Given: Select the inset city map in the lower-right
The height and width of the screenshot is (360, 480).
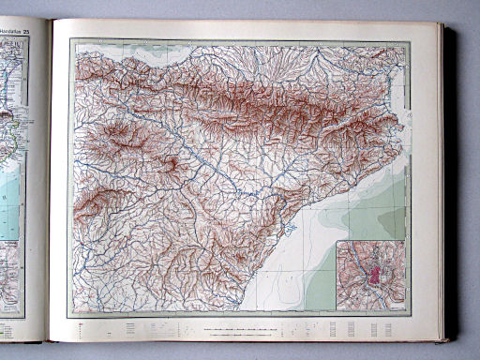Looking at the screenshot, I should (370, 275).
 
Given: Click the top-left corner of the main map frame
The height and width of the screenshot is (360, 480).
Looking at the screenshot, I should (70, 40).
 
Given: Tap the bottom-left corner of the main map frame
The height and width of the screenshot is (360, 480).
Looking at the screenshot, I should (70, 316).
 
